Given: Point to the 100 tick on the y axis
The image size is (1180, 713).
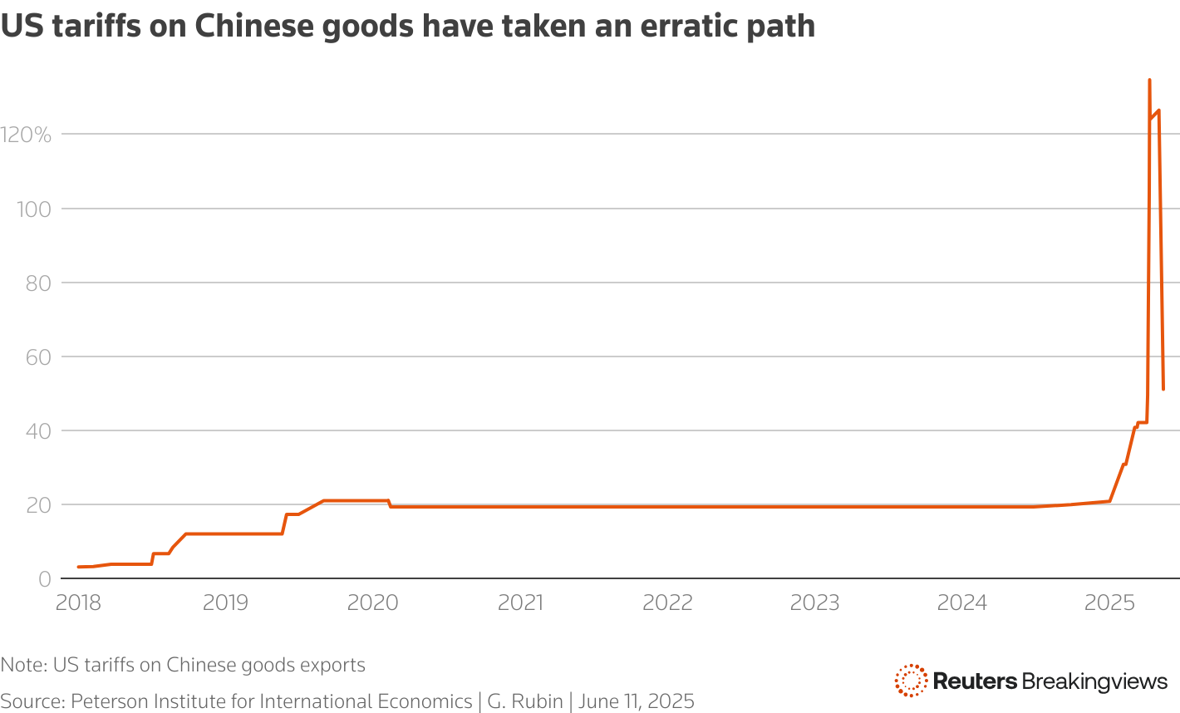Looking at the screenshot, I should point(33,209).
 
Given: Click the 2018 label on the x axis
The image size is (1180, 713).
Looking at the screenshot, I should point(78,602).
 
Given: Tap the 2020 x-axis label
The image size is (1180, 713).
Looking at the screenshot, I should point(372,602).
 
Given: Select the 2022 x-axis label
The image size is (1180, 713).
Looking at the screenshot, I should point(667,602).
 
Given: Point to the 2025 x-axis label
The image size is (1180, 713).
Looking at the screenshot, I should point(1109,602).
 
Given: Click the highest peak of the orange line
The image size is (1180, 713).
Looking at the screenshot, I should point(1149,80).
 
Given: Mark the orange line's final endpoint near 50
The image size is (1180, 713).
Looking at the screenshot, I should point(1163,389).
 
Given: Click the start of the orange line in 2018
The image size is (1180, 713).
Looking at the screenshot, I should point(78,567).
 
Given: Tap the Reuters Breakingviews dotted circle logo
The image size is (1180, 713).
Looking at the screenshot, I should point(911,681).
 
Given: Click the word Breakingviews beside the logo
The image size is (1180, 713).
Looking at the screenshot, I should point(1094,681).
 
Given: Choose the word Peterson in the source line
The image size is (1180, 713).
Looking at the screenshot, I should point(107,701).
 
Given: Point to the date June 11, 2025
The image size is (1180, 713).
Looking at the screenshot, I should point(636,701).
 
